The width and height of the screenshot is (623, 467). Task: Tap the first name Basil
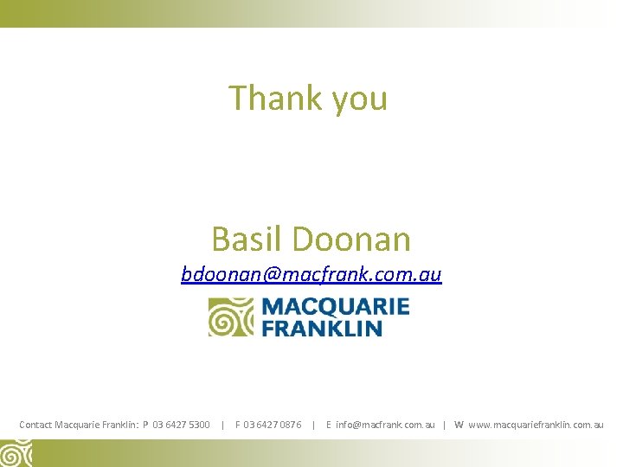click(246, 238)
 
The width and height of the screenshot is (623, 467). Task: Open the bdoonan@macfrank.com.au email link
click(311, 275)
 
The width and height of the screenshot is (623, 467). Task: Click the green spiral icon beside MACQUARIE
click(230, 317)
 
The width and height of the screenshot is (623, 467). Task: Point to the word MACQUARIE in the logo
click(335, 307)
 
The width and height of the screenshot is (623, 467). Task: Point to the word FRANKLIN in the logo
click(322, 328)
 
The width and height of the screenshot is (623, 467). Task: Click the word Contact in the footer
click(35, 425)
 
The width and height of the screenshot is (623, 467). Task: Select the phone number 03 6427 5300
click(181, 425)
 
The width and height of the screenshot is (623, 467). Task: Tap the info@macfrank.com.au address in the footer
click(385, 425)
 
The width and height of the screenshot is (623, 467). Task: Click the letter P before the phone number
click(145, 425)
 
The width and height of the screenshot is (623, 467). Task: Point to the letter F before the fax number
click(238, 425)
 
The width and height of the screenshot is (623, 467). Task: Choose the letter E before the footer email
click(329, 425)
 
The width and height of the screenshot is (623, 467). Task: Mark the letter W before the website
click(459, 425)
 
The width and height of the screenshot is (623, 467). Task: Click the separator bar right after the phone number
click(223, 425)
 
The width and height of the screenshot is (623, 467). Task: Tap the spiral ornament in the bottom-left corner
click(16, 453)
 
